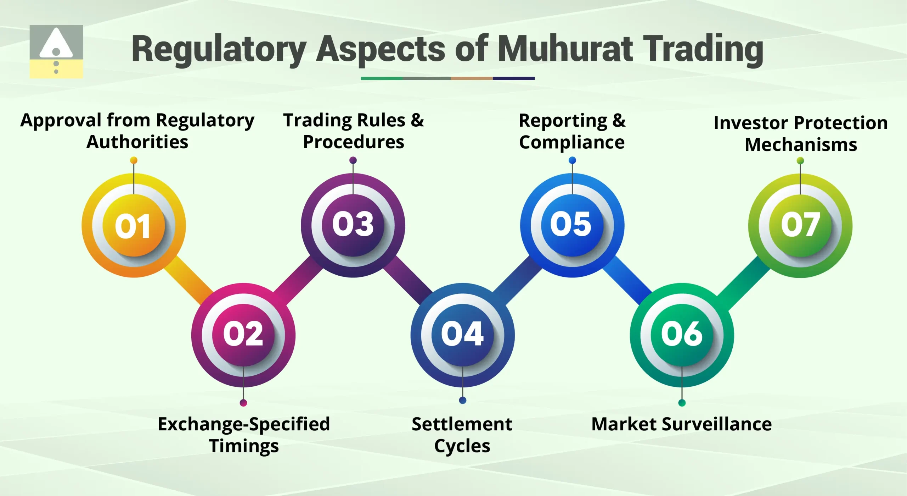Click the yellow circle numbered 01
134,226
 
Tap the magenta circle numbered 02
243,335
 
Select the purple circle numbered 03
353,225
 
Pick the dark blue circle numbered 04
462,335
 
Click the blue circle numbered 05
572,225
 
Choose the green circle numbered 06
682,335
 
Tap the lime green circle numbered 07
800,226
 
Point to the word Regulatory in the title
219,50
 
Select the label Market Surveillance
681,424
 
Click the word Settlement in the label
462,424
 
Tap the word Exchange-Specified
244,424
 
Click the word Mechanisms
801,145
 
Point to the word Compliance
572,143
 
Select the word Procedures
354,142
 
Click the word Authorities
137,142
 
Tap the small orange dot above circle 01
134,160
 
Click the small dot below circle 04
462,400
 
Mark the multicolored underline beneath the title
447,78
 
